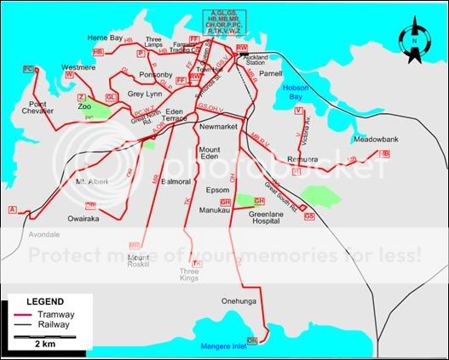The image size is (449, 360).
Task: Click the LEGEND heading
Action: pyautogui.click(x=44, y=302)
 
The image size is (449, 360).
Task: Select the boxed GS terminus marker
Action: pyautogui.click(x=308, y=216)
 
